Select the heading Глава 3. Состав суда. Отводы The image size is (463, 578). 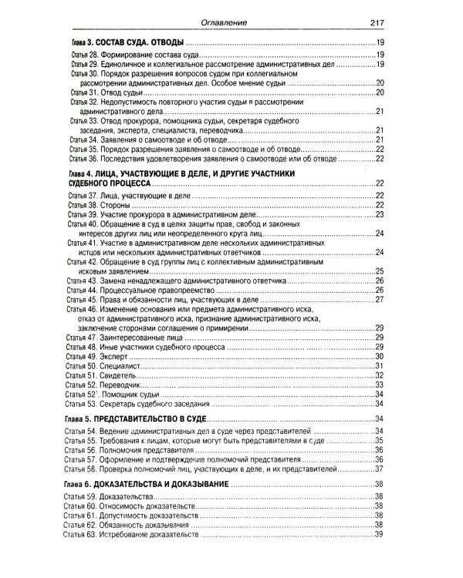[134, 42]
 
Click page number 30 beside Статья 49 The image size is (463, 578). [379, 357]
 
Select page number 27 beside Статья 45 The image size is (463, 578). [379, 299]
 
